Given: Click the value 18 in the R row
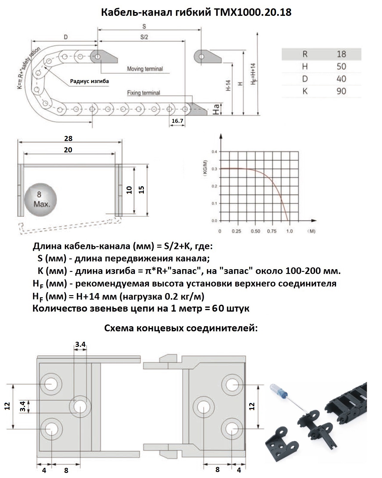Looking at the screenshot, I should point(341,54).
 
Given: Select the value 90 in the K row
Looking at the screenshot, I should point(341,91).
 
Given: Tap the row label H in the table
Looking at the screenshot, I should point(305,66).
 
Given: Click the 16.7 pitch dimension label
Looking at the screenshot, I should point(177,121).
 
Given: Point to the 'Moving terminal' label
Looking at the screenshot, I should point(145,69).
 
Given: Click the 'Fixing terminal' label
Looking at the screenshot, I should point(144,93).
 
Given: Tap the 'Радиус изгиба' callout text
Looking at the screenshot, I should point(89,81).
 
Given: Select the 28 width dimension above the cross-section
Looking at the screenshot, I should point(68,138).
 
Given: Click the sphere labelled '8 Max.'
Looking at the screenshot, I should point(40,200).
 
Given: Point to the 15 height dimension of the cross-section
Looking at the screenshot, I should point(141,189).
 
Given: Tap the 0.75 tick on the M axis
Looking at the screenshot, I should point(272,231).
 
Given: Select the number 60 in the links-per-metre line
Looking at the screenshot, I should point(218,308).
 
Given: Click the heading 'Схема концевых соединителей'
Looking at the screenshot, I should point(181,328).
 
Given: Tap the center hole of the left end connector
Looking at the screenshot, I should point(80,407).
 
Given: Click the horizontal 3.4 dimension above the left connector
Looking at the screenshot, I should point(80,344).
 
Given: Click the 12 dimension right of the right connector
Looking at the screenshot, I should point(252,406).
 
